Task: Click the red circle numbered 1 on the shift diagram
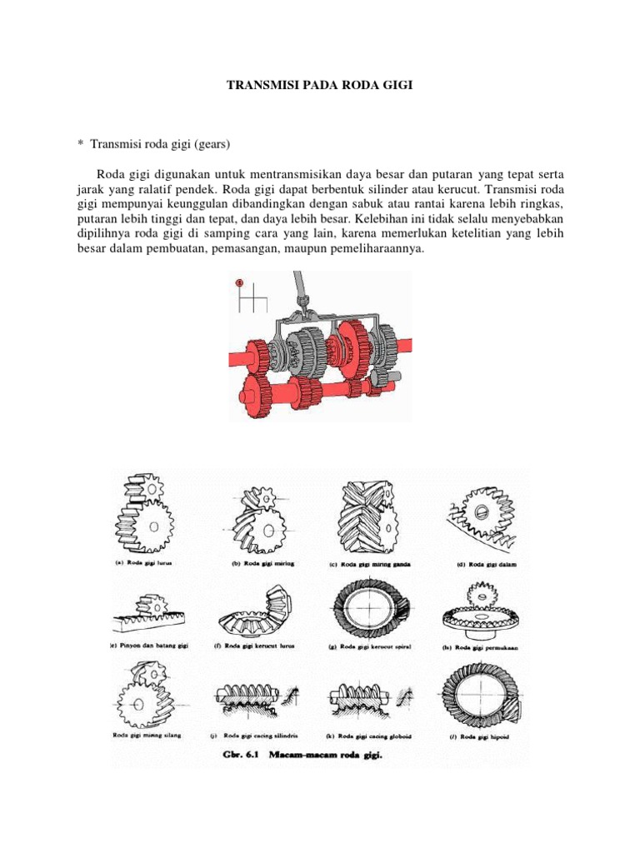pos(239,283)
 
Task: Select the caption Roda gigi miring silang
pos(147,735)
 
